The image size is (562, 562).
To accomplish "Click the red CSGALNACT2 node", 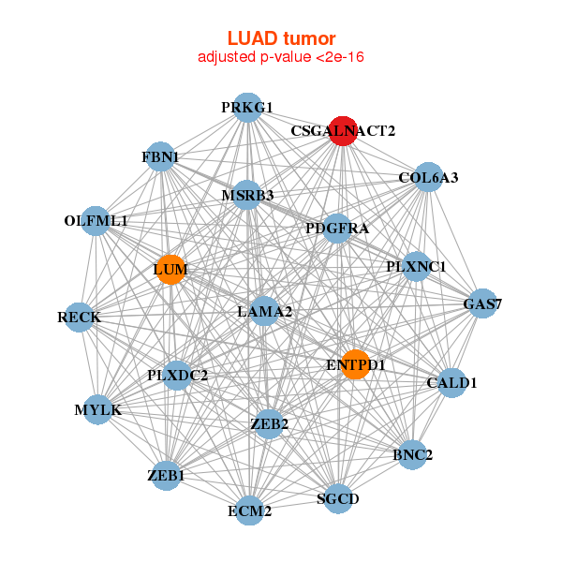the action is [343, 131].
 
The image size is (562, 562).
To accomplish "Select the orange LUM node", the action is [170, 270].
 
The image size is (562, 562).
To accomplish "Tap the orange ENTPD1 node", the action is [355, 363].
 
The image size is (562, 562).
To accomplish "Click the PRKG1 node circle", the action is [247, 108].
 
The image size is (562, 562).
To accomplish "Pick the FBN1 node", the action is [161, 156].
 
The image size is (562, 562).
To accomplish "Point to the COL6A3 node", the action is [428, 177].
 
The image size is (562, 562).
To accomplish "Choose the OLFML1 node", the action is [96, 221].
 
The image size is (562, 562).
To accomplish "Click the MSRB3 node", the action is [247, 196].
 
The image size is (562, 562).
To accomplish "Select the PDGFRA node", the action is [337, 229].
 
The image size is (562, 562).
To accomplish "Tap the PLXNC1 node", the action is [416, 267].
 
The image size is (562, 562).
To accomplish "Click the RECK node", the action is [79, 318].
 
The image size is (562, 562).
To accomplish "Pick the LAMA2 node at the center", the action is [264, 311].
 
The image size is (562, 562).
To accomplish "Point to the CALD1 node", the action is [451, 382].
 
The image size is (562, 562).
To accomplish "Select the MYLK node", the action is [97, 409].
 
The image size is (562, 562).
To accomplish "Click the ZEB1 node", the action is [166, 476].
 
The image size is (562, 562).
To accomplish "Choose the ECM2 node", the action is [249, 510].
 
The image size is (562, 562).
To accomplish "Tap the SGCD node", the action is [337, 498].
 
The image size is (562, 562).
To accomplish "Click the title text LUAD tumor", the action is [281, 38].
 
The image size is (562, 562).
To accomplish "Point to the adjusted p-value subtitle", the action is [281, 57].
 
